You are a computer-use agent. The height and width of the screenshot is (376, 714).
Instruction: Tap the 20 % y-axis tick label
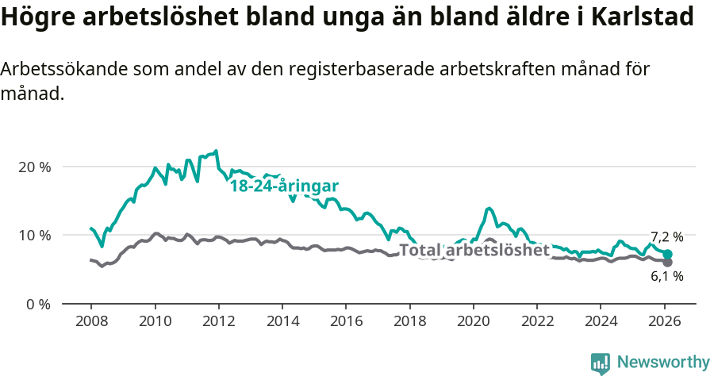pos(33,167)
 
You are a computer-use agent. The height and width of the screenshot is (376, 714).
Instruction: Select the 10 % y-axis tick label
pos(33,235)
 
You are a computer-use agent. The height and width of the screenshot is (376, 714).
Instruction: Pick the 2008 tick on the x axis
pos(90,322)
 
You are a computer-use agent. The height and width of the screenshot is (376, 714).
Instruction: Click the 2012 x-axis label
pos(218,322)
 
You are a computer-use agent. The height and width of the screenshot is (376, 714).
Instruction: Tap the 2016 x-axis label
pos(346,322)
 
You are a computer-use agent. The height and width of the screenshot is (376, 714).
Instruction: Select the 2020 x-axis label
pos(474,322)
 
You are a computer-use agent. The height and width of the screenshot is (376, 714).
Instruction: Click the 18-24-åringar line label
pos(284,186)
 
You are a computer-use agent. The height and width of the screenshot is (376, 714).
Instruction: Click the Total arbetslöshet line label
pos(474,251)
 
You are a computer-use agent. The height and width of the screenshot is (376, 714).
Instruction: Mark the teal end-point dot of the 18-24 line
pos(668,254)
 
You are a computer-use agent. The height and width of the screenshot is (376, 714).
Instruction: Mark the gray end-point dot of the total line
pos(668,262)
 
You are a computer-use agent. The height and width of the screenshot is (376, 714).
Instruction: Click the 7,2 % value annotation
pos(666,237)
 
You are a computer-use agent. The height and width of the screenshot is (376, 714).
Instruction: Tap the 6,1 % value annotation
pos(666,277)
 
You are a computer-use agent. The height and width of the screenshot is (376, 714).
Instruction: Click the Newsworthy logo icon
pos(601,363)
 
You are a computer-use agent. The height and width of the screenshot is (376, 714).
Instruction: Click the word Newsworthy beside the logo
pos(663,363)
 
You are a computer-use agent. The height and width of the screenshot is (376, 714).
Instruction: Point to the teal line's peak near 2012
pos(216,151)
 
